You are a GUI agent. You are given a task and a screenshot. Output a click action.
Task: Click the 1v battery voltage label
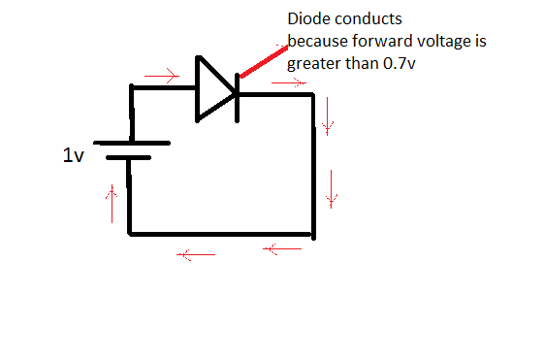[x=74, y=156]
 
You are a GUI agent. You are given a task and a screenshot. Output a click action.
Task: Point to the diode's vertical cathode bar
[x=237, y=90]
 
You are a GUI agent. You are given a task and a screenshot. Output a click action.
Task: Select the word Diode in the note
[x=306, y=19]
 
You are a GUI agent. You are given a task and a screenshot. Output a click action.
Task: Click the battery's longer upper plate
[x=129, y=141]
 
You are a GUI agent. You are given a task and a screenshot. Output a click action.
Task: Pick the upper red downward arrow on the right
[x=329, y=118]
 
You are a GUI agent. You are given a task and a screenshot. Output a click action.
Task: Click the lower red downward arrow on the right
[x=333, y=186]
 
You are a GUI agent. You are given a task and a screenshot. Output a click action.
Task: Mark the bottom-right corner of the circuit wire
[x=313, y=234]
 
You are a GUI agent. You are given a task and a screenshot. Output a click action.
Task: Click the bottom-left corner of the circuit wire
[x=130, y=234]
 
